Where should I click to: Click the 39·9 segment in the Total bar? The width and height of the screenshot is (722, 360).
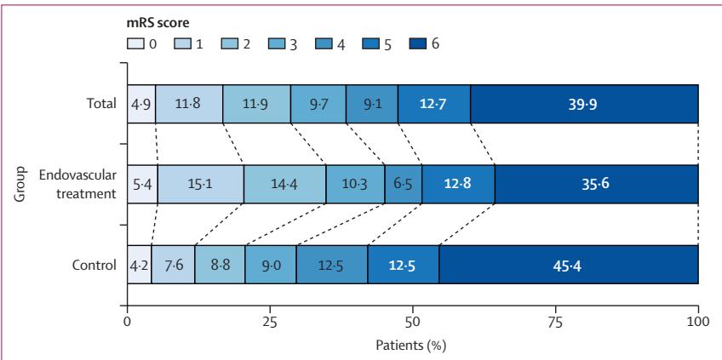click(584, 104)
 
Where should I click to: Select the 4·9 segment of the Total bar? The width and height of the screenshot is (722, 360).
click(141, 104)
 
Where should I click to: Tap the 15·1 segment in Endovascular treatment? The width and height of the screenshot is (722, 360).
click(201, 184)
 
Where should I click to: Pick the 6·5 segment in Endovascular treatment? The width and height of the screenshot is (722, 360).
click(404, 184)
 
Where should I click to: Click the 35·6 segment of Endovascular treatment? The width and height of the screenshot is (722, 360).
click(597, 184)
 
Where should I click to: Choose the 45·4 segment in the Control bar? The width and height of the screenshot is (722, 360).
click(569, 264)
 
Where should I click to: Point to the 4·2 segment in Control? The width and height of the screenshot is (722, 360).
click(140, 264)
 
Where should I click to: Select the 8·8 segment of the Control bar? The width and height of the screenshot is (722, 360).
click(221, 264)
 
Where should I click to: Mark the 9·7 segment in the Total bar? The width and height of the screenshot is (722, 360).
click(318, 104)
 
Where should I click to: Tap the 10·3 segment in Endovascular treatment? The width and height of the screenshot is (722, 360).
click(355, 184)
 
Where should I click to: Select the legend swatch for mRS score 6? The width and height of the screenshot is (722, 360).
click(416, 44)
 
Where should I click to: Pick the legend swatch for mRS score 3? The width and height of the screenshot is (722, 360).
click(275, 44)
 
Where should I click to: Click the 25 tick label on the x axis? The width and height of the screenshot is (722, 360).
click(270, 322)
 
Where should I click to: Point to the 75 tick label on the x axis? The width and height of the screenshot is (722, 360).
click(556, 322)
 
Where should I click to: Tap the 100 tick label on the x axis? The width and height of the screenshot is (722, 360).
click(698, 322)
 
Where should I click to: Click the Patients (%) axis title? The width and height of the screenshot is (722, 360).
click(411, 345)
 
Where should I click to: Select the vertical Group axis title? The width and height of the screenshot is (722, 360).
click(19, 184)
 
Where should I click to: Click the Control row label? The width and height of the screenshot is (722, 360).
click(95, 266)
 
